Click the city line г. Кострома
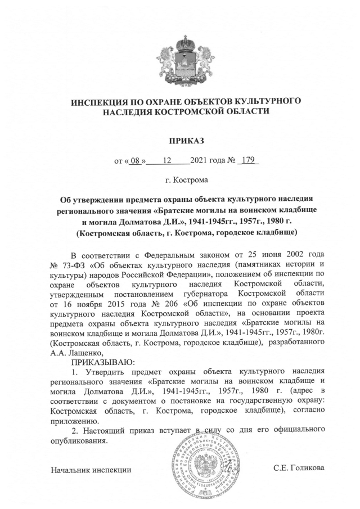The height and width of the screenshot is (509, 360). pyautogui.click(x=180, y=181)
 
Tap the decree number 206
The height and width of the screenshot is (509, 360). pyautogui.click(x=158, y=303)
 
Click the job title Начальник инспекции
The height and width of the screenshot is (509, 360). pyautogui.click(x=91, y=469)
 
